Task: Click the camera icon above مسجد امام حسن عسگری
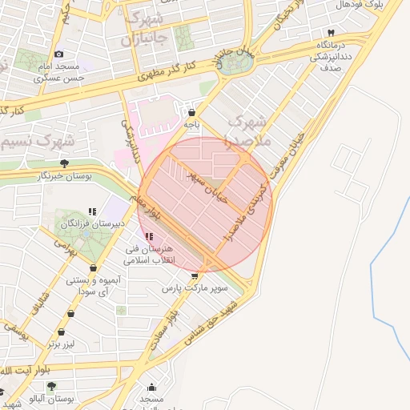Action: point(58,54)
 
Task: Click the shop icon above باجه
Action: point(191,111)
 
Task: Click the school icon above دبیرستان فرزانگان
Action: point(93,212)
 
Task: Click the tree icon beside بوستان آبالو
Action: point(52,386)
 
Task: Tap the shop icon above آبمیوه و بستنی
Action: point(94,268)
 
